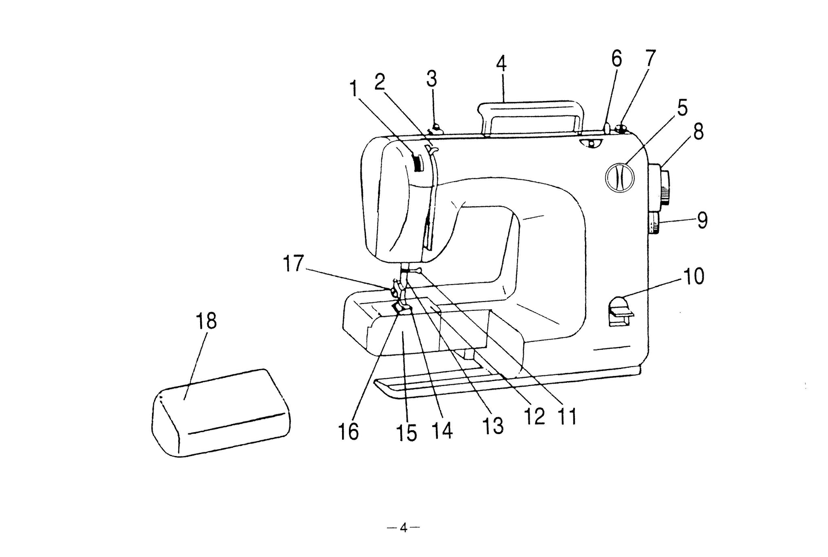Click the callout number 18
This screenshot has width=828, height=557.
coord(206,322)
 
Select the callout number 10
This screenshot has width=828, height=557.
coord(693,277)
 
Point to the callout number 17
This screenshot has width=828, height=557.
coord(293,264)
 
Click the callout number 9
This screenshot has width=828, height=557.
coord(702,221)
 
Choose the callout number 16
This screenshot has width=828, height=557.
coord(349,432)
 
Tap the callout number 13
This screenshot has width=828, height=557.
coord(493,425)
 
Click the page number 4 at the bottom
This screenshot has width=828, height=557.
coord(403,528)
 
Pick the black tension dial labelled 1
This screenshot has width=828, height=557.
coord(417,163)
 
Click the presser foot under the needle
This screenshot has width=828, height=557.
coord(402,309)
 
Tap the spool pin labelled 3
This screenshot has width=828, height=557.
coord(436,129)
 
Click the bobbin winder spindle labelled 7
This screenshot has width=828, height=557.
coord(620,129)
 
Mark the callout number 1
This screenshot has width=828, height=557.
coord(354,89)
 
